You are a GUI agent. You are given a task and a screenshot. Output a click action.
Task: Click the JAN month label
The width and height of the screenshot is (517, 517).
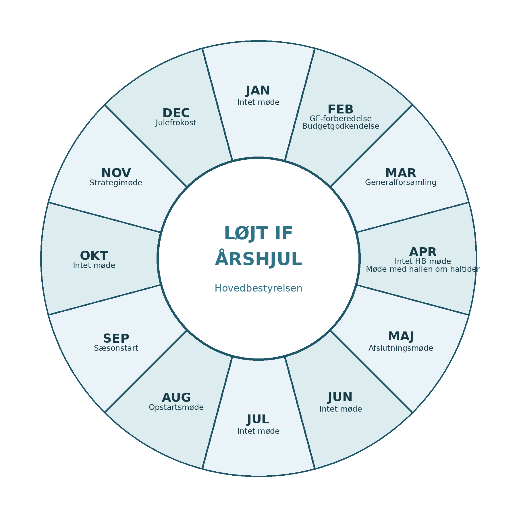(258, 90)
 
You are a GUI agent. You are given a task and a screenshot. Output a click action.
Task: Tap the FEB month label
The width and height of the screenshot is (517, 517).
(341, 109)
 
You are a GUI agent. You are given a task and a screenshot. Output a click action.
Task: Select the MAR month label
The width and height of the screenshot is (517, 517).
(401, 173)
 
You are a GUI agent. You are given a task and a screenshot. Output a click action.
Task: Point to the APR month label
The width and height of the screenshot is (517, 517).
(423, 252)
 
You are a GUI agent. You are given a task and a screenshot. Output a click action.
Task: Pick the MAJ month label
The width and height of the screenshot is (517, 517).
(401, 336)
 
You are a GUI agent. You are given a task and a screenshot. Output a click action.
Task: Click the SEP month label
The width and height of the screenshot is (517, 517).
(116, 339)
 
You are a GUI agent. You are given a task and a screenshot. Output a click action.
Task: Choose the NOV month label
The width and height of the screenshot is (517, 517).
(116, 173)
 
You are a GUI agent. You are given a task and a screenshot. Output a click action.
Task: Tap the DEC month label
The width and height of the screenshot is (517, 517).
(176, 113)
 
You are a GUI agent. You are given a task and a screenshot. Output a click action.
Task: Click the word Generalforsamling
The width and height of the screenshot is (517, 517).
(401, 182)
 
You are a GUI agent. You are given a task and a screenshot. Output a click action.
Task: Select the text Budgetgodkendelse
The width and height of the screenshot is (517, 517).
(341, 126)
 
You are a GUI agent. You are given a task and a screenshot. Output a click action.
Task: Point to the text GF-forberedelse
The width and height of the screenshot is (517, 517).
(341, 119)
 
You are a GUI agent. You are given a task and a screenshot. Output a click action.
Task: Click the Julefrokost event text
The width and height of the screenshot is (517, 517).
(176, 123)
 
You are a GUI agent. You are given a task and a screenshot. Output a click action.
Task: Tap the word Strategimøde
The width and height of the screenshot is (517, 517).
(116, 183)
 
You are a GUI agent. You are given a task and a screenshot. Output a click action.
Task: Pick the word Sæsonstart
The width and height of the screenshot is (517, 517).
(116, 348)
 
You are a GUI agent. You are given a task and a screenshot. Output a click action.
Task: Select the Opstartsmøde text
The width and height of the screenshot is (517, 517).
(176, 407)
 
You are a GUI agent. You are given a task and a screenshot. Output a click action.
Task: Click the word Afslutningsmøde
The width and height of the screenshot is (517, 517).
(401, 348)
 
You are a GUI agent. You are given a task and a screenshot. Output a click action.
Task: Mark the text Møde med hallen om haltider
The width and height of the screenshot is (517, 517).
(423, 269)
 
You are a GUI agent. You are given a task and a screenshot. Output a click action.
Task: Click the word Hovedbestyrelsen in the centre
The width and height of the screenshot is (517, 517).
(258, 288)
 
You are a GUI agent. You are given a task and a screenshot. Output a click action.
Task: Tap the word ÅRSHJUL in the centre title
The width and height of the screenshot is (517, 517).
(258, 258)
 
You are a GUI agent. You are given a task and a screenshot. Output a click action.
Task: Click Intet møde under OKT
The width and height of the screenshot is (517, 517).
(94, 265)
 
